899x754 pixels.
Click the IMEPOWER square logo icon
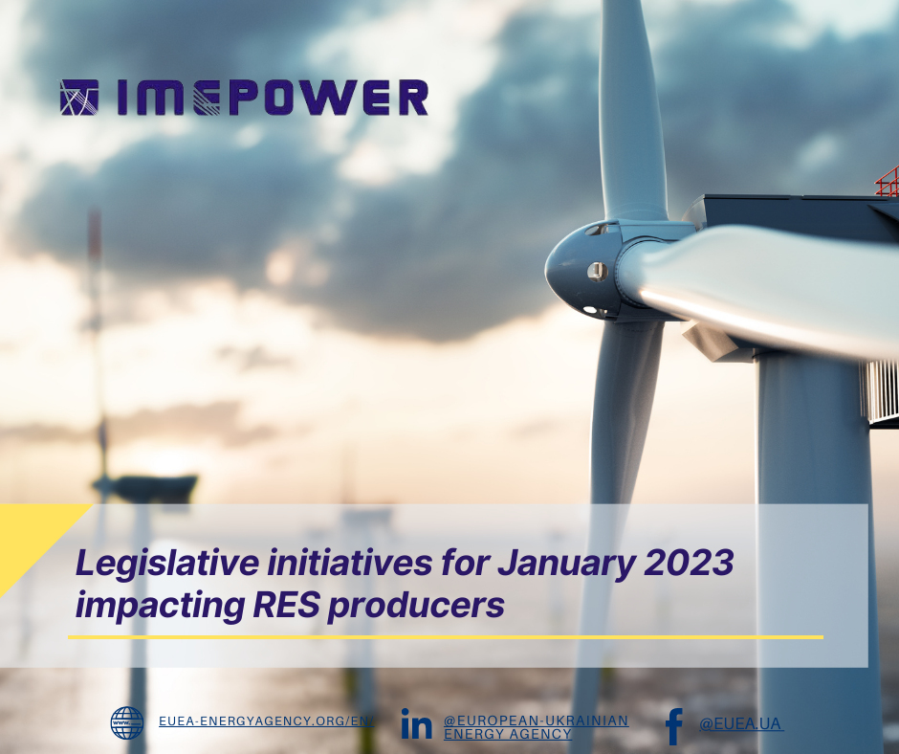[79, 97]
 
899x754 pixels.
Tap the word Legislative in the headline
[167, 564]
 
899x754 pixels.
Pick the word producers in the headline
[416, 606]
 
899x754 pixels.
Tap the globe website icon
[126, 722]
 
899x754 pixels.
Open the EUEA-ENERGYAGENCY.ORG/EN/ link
[267, 721]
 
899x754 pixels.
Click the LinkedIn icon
[416, 723]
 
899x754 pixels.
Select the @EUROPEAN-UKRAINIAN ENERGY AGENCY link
[537, 727]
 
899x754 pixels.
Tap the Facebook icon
[674, 726]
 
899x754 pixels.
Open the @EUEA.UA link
[741, 724]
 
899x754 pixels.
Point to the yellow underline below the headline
[446, 637]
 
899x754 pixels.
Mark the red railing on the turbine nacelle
[888, 182]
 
